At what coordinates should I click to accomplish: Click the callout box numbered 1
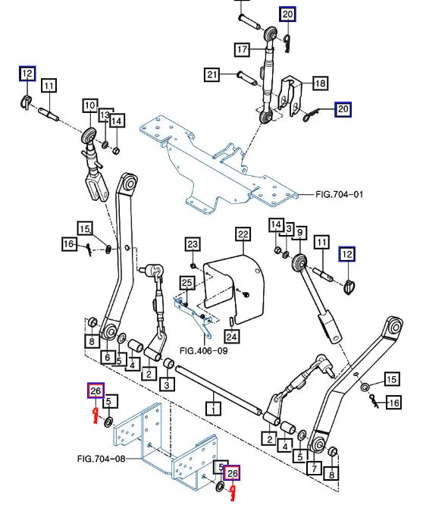(214, 409)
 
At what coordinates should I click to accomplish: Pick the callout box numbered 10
(89, 105)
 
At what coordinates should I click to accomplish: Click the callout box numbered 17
(242, 51)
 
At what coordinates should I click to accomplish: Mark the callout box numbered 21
(211, 74)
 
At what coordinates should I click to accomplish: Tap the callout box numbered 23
(193, 244)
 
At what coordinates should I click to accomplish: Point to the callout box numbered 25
(186, 283)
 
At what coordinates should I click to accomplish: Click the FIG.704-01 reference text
(340, 194)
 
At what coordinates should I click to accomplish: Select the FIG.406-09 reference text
(204, 350)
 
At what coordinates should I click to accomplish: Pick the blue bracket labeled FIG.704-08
(152, 440)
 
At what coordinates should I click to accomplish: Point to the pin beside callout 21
(241, 77)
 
